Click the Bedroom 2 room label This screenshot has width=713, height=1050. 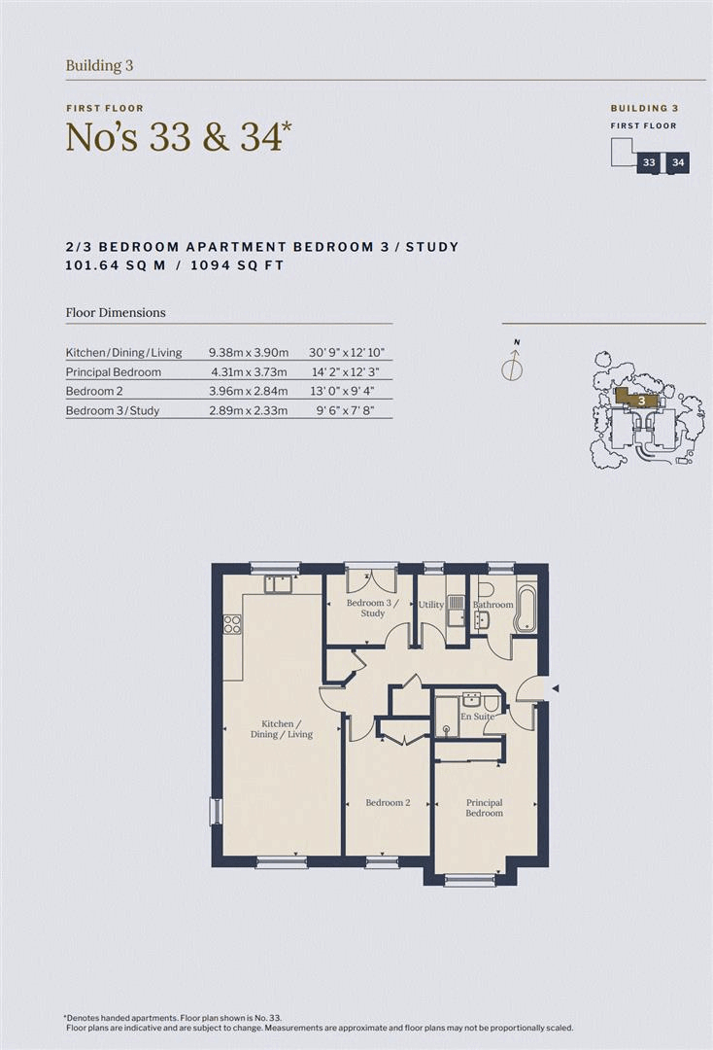pos(388,803)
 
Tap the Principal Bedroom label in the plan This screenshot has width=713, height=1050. pos(484,808)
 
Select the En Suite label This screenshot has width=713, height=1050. pos(476,717)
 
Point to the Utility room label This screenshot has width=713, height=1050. pos(431,605)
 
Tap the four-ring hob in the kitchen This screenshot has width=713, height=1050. pos(232,624)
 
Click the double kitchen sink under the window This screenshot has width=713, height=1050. pos(280,584)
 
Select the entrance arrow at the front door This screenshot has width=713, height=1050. pos(556,688)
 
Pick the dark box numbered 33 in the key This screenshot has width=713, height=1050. pos(648,162)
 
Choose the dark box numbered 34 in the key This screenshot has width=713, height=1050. pos(678,162)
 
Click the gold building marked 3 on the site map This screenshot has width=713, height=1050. pos(638,399)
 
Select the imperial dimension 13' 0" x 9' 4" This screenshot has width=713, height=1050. pos(341,391)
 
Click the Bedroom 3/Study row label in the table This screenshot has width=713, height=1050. pos(113,410)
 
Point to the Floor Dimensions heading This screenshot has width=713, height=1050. pos(116,313)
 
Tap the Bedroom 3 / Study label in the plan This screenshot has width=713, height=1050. pos(372,609)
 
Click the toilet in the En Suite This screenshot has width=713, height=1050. pos(492,702)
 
